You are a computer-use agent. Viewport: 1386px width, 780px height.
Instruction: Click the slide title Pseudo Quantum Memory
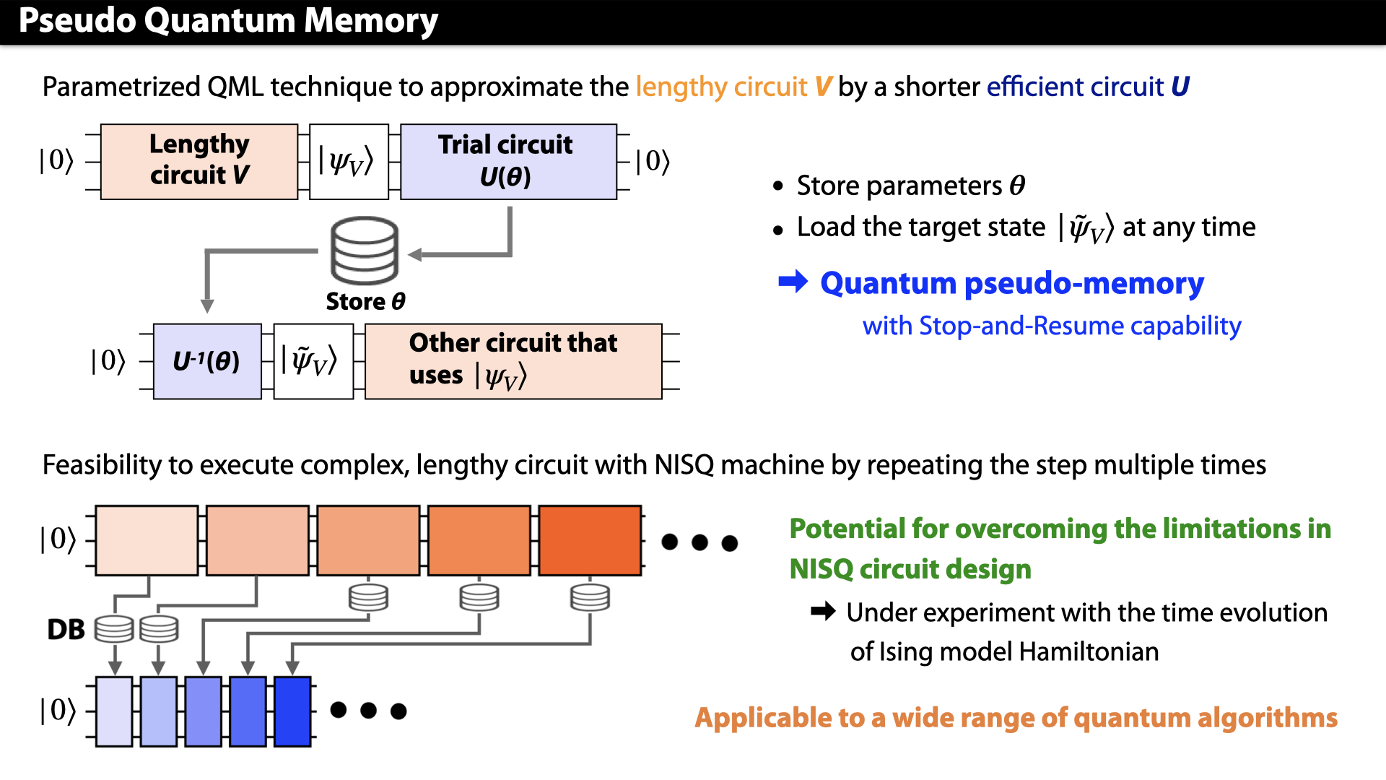pyautogui.click(x=228, y=20)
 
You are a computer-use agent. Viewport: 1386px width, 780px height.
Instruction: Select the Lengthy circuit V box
pyautogui.click(x=199, y=161)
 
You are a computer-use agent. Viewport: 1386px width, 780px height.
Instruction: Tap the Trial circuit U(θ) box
pyautogui.click(x=507, y=161)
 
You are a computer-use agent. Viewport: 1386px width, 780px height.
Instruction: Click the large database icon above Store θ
pyautogui.click(x=365, y=251)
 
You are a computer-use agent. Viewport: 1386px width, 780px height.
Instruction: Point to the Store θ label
pyautogui.click(x=365, y=301)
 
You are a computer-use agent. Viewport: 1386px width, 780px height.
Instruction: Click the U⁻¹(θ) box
pyautogui.click(x=207, y=361)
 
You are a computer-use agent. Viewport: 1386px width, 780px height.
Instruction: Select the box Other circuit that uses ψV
pyautogui.click(x=513, y=361)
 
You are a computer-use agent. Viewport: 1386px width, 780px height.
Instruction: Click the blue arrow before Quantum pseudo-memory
pyautogui.click(x=793, y=282)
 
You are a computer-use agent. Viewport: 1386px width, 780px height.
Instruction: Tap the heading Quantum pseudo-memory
pyautogui.click(x=1011, y=283)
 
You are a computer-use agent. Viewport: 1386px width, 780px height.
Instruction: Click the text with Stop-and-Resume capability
pyautogui.click(x=1051, y=326)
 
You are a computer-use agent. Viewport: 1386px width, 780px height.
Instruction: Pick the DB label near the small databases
pyautogui.click(x=66, y=630)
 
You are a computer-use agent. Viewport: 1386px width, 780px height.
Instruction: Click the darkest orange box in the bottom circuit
pyautogui.click(x=590, y=540)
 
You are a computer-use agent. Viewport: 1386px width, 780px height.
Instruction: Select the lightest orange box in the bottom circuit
pyautogui.click(x=147, y=540)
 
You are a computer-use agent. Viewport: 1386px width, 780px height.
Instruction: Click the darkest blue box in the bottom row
pyautogui.click(x=292, y=711)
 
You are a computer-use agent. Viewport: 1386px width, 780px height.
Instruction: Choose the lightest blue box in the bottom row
pyautogui.click(x=114, y=711)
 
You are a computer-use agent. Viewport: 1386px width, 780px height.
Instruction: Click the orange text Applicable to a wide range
pyautogui.click(x=1016, y=718)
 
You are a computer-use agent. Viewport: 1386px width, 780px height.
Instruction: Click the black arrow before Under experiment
pyautogui.click(x=823, y=612)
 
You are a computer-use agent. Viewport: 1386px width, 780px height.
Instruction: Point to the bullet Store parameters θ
pyautogui.click(x=910, y=186)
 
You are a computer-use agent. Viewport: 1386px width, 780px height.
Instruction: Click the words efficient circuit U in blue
pyautogui.click(x=1087, y=87)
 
